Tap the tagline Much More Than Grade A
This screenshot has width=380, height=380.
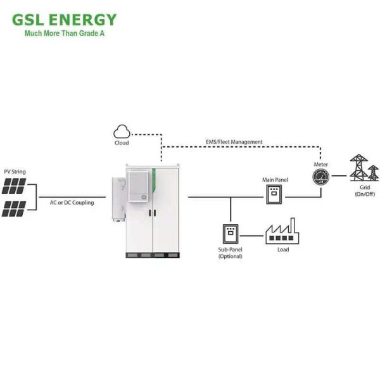pos(64,34)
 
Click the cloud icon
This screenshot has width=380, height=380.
pos(121,131)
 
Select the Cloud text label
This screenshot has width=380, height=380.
pos(121,143)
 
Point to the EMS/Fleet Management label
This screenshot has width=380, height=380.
pos(234,142)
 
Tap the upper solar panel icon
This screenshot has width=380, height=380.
pos(14,186)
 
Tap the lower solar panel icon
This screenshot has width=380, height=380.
pos(14,208)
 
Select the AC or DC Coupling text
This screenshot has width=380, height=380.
pos(72,203)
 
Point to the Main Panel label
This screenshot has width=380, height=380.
pos(275,180)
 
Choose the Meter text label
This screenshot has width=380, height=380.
pos(321,165)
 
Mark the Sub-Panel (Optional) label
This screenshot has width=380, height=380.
pos(230,253)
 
